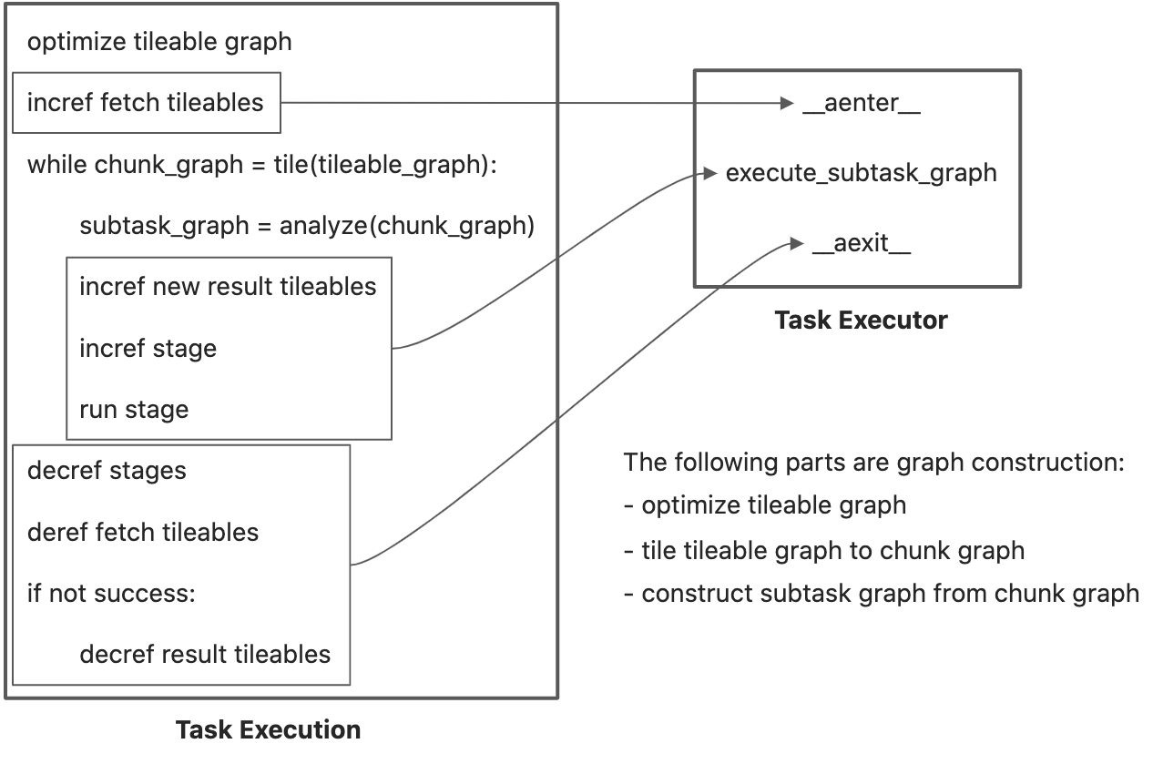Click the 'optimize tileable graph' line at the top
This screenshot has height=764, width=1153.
coord(159,42)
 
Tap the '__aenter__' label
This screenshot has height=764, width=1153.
coord(862,103)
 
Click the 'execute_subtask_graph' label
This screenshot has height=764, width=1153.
coord(862,173)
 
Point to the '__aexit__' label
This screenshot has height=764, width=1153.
coord(862,243)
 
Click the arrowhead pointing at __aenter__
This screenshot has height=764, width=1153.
coord(787,103)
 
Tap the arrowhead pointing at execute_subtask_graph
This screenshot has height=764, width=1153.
coord(710,174)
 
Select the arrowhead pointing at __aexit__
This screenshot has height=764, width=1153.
coord(797,243)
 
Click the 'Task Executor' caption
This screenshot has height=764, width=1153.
coord(862,321)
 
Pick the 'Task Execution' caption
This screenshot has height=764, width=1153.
coord(268,730)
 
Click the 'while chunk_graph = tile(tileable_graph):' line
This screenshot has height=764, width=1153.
coord(262,165)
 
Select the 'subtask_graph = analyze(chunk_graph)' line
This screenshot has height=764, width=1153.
coord(307,226)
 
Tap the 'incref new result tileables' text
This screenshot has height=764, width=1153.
coord(228,287)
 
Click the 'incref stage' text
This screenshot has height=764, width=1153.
coord(148,349)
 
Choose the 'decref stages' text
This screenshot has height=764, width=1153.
coord(107,471)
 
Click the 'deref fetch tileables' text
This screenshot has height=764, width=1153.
coord(143,533)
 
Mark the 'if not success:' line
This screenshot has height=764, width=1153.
coord(112,594)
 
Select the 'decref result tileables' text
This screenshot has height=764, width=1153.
coord(205,655)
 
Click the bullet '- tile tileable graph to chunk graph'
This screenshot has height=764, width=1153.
coord(824,551)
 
